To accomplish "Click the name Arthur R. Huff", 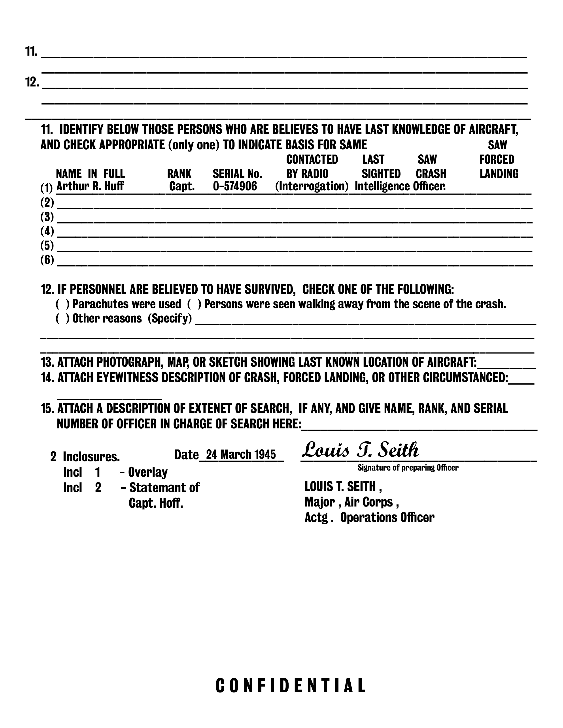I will [x=90, y=186].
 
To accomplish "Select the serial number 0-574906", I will [x=235, y=186].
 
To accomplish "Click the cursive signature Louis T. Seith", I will [x=360, y=450].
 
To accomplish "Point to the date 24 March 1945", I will [x=241, y=455].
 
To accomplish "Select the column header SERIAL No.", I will [x=237, y=174].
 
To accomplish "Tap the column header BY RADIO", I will [x=307, y=174].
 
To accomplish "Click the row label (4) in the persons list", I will [x=47, y=231].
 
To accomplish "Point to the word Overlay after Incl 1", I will [x=148, y=472].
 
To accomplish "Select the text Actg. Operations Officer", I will [x=369, y=517].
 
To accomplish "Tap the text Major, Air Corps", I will [x=351, y=502].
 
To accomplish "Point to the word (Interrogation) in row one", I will [x=312, y=186].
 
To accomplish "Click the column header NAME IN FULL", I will [x=90, y=174].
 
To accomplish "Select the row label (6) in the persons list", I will [x=47, y=260].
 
